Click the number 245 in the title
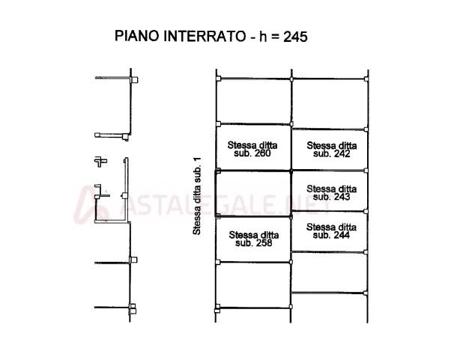point(295,37)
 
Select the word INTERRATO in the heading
point(204,36)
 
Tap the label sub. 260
point(252,153)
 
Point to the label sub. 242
point(331,154)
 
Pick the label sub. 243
point(331,197)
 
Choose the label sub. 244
point(331,235)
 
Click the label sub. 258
point(254,243)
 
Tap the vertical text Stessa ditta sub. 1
point(197,196)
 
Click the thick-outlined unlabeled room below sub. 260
point(253,194)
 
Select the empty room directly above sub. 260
point(254,102)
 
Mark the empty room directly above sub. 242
point(330,104)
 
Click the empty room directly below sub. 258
point(253,284)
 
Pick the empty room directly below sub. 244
point(329,272)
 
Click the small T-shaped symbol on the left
point(100,162)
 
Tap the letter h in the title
point(262,37)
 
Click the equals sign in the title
point(275,37)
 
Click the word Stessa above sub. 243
point(319,189)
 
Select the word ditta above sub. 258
point(268,235)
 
